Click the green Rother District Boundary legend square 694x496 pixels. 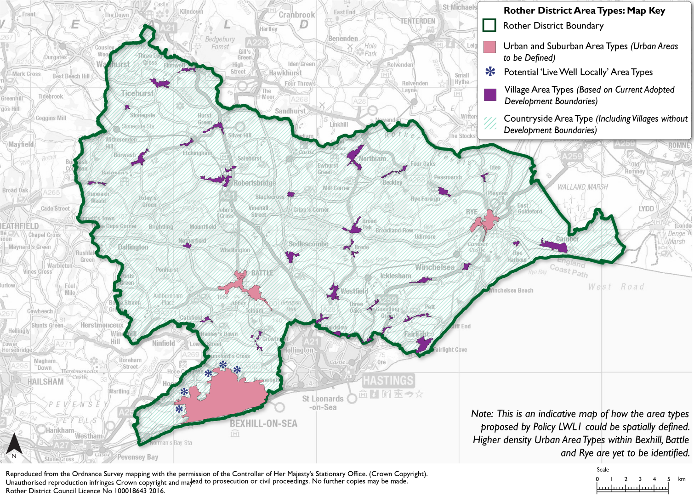[x=489, y=26]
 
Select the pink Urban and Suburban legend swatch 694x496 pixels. [x=489, y=47]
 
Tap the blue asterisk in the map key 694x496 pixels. [x=490, y=72]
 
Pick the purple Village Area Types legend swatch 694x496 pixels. [x=490, y=95]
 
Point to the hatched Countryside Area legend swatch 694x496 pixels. [x=490, y=123]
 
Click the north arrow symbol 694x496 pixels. [x=14, y=445]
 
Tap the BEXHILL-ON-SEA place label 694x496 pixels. [x=263, y=423]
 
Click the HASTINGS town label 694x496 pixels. [x=388, y=380]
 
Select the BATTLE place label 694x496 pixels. [x=262, y=273]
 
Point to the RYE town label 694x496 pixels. [x=472, y=212]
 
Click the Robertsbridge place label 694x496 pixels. [x=255, y=183]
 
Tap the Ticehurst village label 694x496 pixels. [x=137, y=93]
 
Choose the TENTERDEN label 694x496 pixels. [x=417, y=21]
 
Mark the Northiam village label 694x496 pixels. [x=372, y=158]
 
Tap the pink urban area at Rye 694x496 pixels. [x=486, y=222]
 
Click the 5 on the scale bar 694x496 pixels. [x=668, y=479]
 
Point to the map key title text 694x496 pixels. [x=584, y=11]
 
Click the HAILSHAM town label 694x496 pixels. [x=45, y=382]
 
